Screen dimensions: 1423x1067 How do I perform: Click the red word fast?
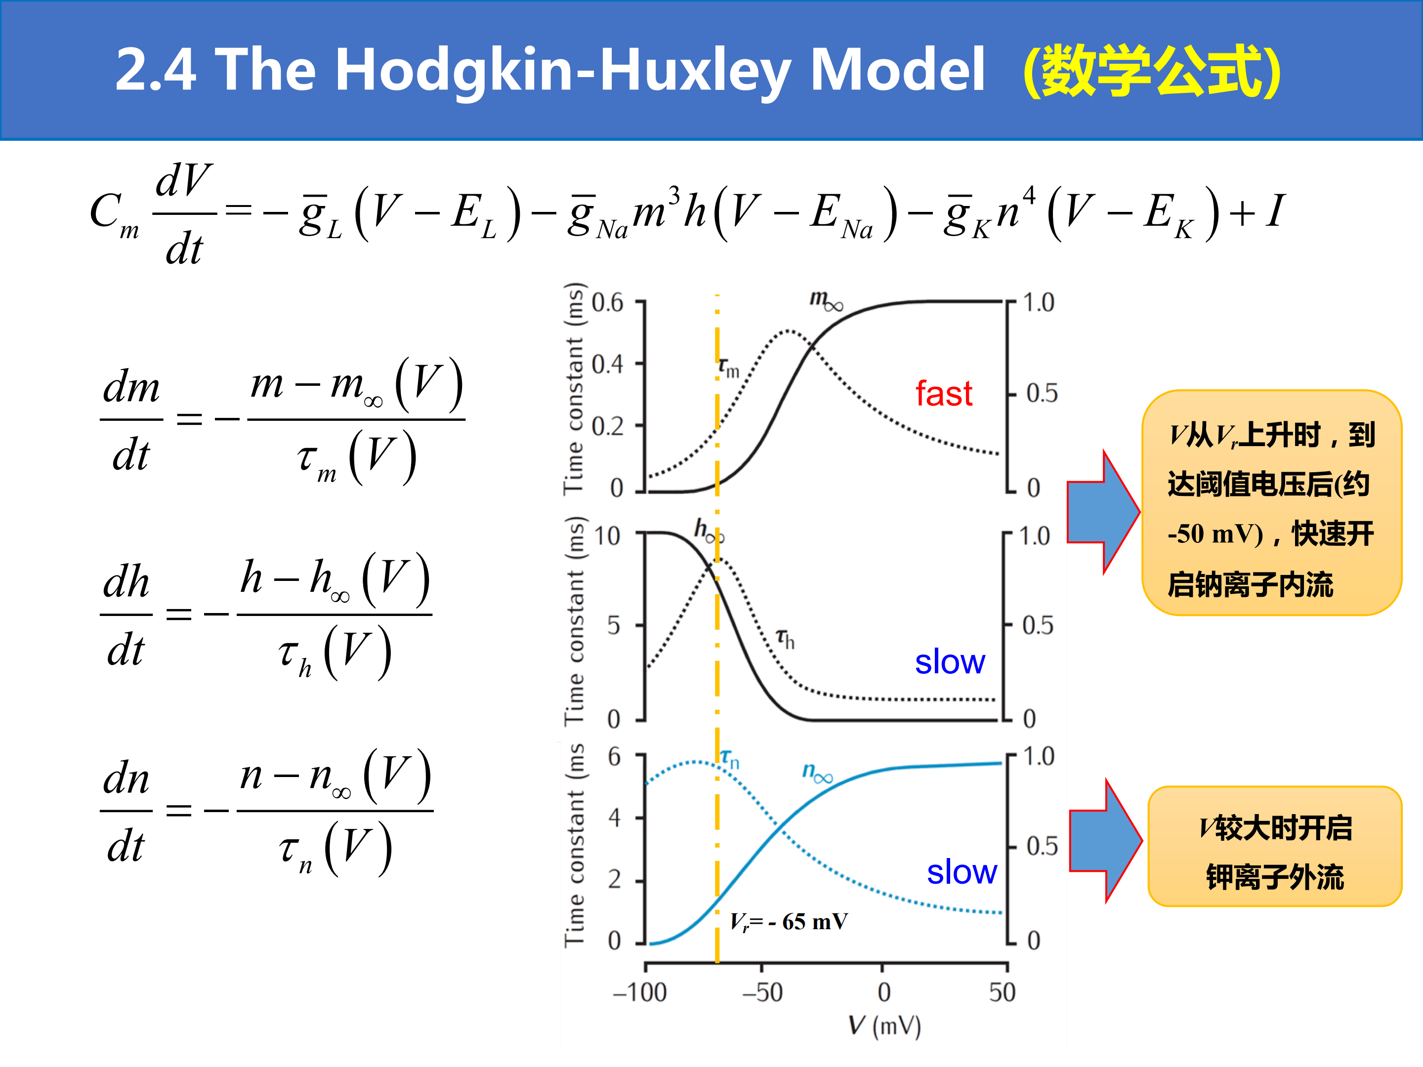944,393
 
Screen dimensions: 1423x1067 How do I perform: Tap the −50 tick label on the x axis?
762,992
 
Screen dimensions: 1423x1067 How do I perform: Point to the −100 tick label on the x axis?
639,992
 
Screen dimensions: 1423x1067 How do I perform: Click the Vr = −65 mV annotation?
789,922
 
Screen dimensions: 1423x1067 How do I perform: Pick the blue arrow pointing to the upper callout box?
1103,512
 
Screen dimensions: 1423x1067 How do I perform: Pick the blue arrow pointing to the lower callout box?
1106,841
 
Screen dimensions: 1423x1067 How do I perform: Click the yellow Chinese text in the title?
1152,70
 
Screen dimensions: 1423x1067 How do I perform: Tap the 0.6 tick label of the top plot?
607,302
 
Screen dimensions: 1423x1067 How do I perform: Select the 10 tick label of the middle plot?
607,535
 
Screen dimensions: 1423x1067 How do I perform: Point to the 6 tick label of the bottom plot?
614,756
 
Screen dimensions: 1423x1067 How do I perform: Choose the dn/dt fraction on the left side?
126,811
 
